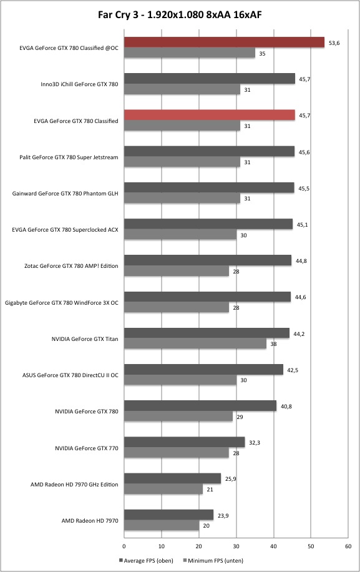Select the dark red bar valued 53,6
(x=224, y=42)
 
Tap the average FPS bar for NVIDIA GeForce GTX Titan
(x=207, y=333)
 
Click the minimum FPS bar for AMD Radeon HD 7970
(x=162, y=526)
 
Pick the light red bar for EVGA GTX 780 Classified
(x=210, y=115)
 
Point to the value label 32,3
(x=255, y=443)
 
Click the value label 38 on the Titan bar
(x=273, y=344)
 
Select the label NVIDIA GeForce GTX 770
(x=87, y=448)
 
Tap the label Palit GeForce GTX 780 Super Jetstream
(x=69, y=157)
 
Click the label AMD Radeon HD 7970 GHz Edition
(x=74, y=485)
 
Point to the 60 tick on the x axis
(x=348, y=546)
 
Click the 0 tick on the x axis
(x=124, y=546)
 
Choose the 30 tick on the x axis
(x=236, y=546)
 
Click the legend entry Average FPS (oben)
(x=146, y=560)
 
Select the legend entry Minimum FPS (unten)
(x=213, y=560)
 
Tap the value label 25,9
(x=231, y=479)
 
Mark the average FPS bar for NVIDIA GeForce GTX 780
(x=200, y=406)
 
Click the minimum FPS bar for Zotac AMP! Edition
(x=177, y=271)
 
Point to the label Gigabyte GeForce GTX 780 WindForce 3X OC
(x=62, y=303)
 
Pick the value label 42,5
(x=293, y=370)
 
